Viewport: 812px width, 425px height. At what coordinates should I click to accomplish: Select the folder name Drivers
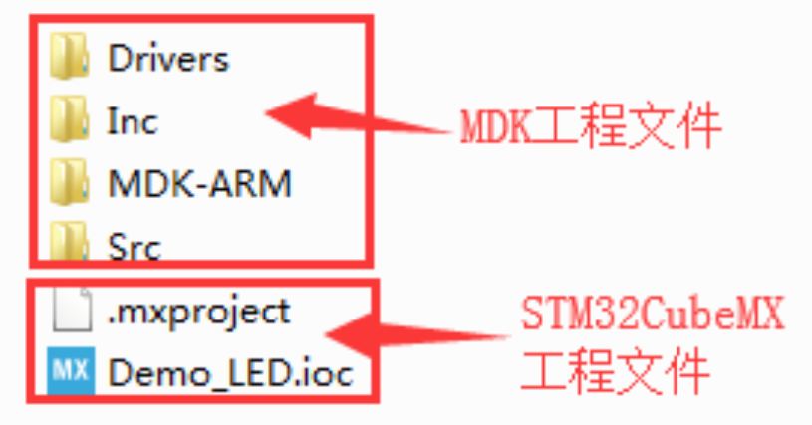pos(168,59)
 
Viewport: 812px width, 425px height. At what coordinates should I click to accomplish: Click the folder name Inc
pos(133,121)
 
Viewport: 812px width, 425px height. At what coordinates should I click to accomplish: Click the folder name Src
pos(135,244)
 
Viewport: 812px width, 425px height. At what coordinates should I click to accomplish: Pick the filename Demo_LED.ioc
pos(229,374)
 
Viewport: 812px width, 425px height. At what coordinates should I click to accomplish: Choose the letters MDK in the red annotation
pos(492,128)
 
